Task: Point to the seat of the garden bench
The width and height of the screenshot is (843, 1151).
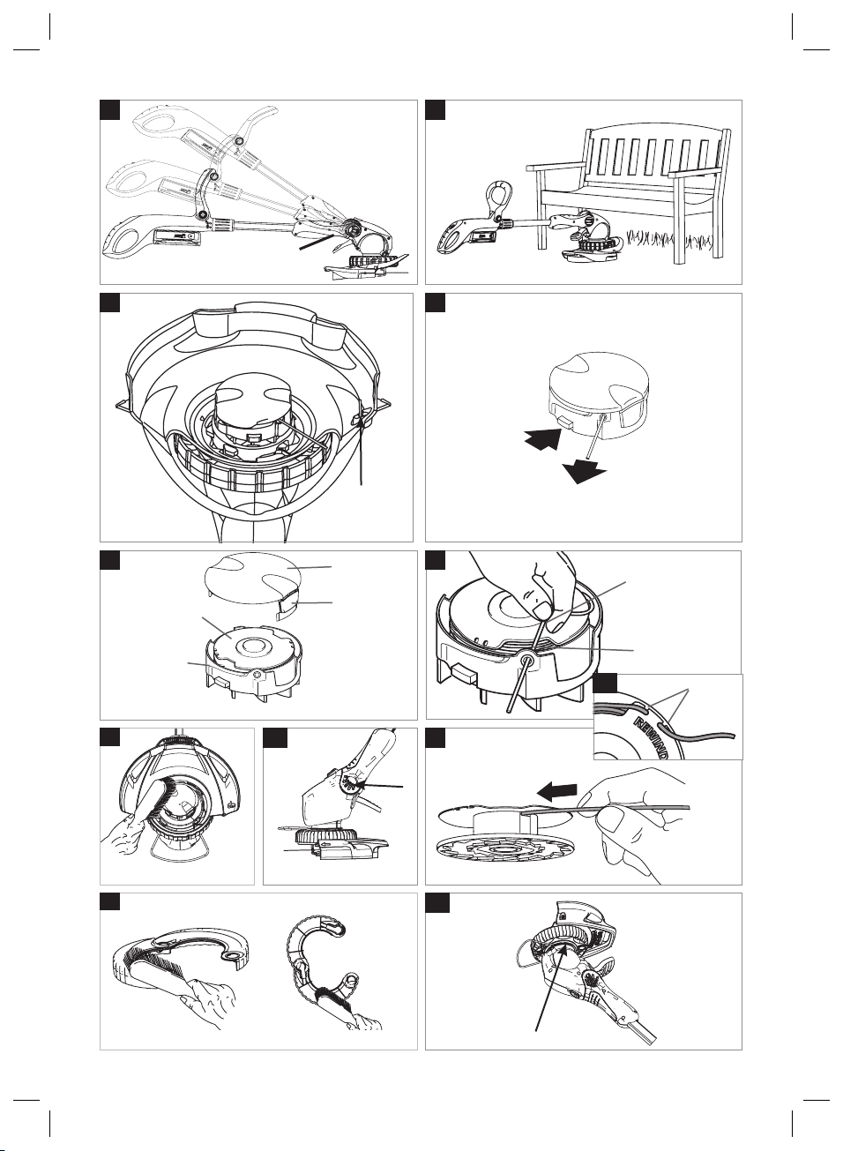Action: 624,196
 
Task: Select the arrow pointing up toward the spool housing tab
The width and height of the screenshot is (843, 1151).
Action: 543,440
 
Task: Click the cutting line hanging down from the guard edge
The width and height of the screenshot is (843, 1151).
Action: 362,452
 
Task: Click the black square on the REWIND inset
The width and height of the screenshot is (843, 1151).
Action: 605,684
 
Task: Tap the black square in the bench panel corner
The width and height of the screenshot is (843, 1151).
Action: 435,110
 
